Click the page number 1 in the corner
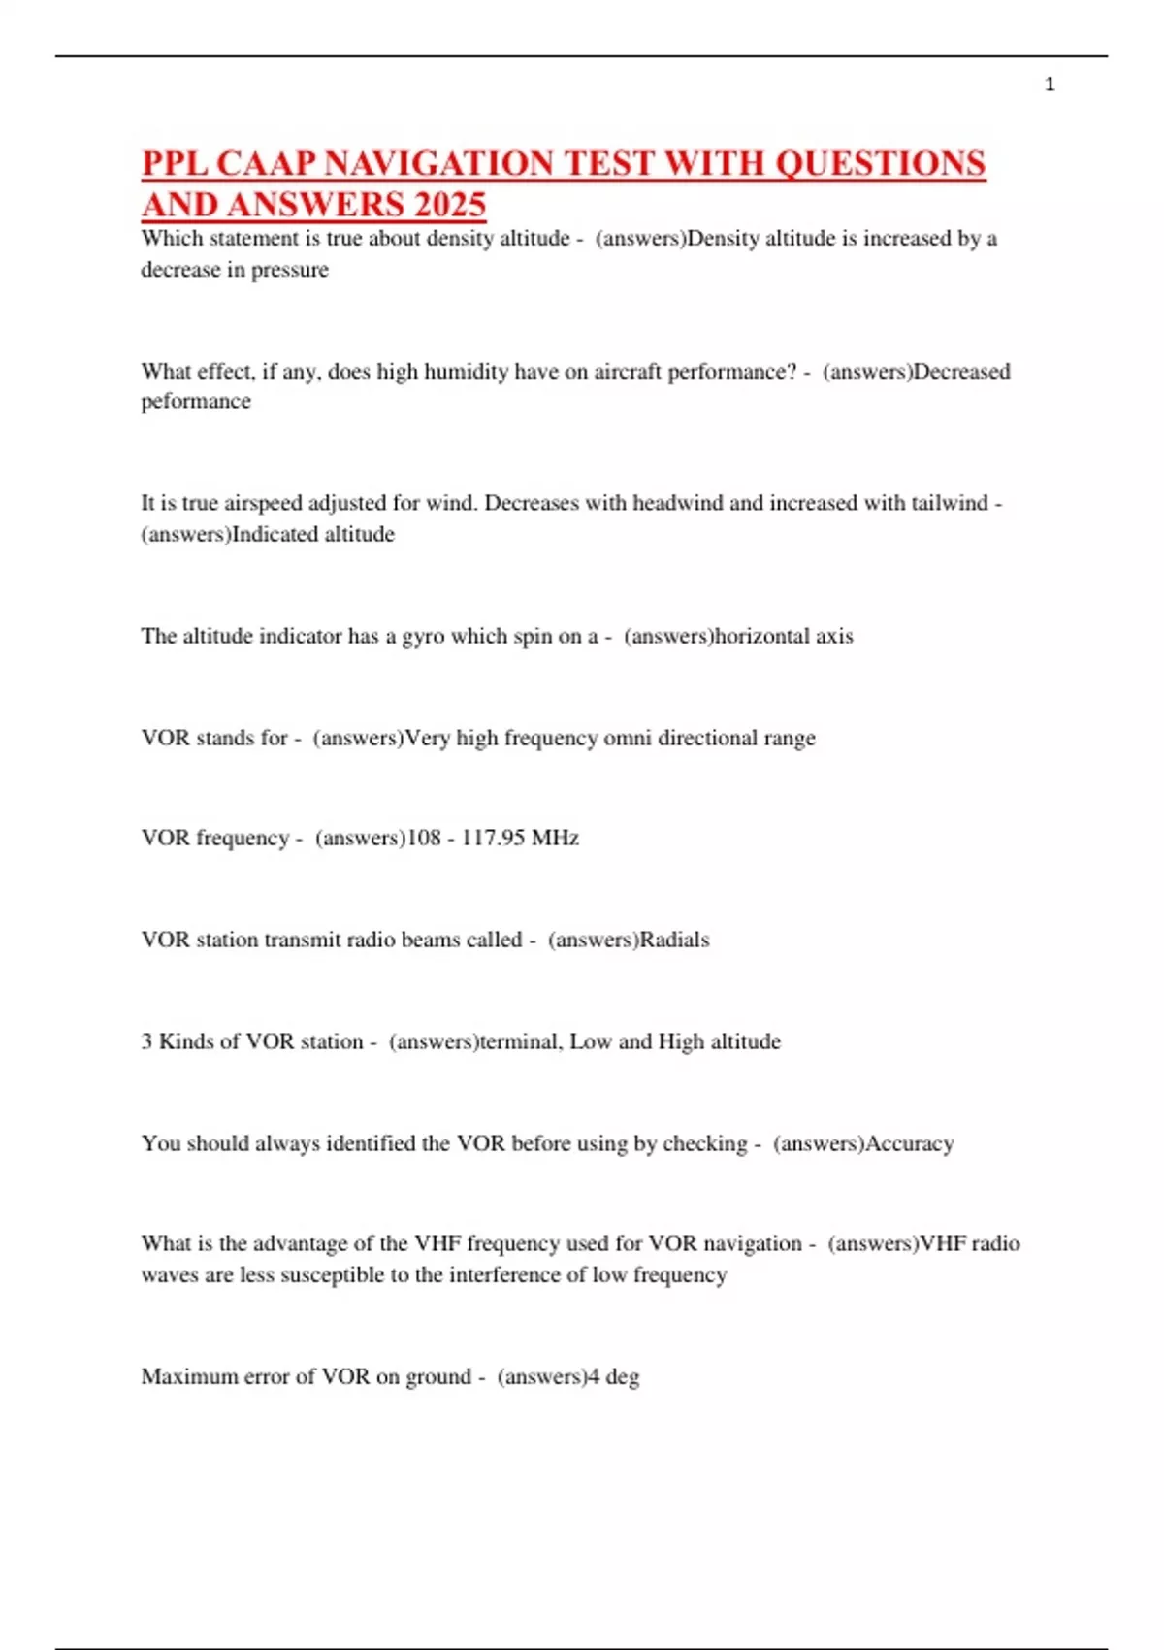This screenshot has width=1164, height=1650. (1050, 84)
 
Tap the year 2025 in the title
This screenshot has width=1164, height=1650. (449, 205)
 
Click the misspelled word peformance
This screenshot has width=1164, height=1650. (196, 401)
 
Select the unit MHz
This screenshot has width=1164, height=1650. (555, 838)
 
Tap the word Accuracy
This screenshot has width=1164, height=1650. (910, 1143)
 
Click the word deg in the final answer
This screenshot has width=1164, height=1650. (623, 1377)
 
